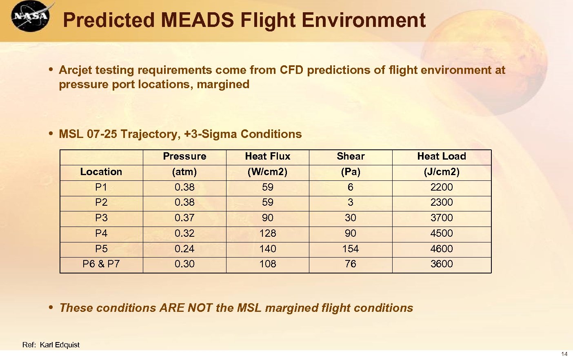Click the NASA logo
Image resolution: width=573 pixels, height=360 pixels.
coord(31,16)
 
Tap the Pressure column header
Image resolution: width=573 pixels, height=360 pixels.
coord(184,156)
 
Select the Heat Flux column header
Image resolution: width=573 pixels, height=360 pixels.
coord(267,156)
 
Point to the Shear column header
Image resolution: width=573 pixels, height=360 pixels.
coord(351,156)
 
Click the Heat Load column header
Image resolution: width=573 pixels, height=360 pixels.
coord(442,156)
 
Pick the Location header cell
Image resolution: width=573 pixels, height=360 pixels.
coord(101,172)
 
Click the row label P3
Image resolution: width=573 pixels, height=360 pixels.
coord(101,218)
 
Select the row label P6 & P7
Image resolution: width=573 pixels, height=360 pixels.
coord(101,264)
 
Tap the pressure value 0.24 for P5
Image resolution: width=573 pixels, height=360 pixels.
coord(184,249)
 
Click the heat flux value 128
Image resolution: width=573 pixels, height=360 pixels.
coord(267,233)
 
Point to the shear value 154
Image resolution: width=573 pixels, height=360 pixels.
coord(351,249)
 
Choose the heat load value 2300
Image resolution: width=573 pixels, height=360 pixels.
coord(442,202)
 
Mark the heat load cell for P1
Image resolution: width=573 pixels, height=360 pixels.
coord(442,187)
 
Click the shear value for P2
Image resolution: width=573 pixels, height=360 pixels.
coord(351,202)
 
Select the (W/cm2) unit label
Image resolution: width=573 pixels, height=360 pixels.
coord(267,172)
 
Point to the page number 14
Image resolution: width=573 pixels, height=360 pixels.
coord(564,354)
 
